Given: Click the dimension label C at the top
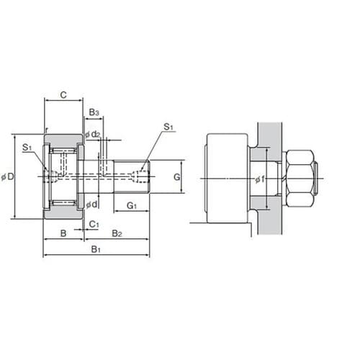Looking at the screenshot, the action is click(63, 95).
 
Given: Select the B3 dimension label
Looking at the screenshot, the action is click(94, 112).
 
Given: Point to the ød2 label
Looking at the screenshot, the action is click(93, 135).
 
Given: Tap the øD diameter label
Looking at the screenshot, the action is click(8, 177).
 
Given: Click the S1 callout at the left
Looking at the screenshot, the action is click(27, 148).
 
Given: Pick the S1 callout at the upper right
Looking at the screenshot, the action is click(168, 127).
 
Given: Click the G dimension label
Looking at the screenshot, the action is click(176, 177).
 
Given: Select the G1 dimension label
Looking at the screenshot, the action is click(132, 206).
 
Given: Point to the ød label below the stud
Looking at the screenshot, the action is click(92, 204).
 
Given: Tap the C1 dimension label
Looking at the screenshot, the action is click(94, 225).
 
